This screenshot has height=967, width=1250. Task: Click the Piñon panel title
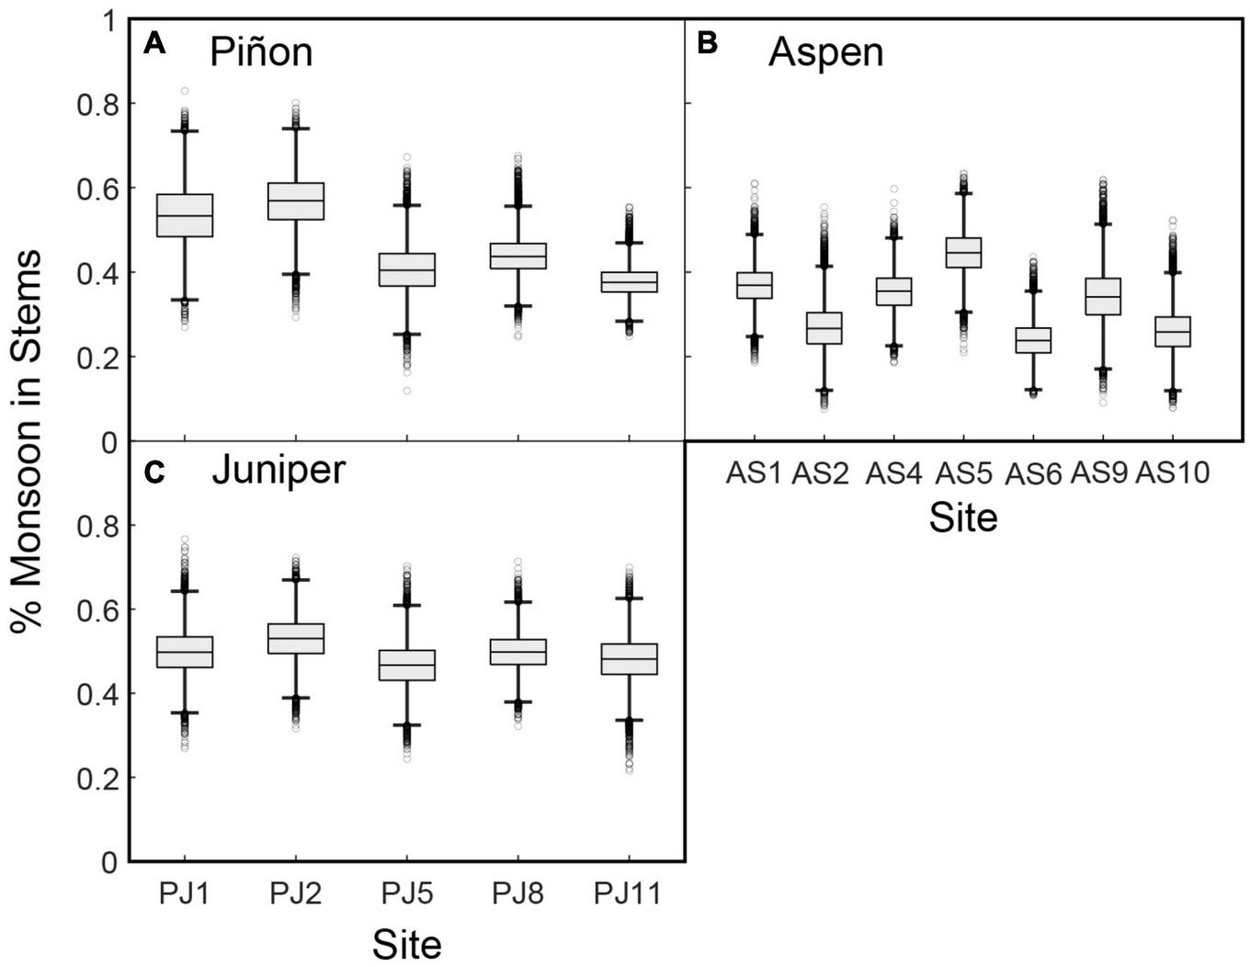point(261,52)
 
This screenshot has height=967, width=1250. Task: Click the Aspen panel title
point(825,52)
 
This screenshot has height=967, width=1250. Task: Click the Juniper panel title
point(278,470)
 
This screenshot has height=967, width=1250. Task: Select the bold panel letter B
point(707,43)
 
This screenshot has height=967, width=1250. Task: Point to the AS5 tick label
point(963,472)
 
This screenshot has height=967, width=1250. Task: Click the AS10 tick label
point(1173,472)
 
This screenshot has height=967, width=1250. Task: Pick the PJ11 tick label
point(628,893)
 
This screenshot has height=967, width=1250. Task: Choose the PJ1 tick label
point(185,893)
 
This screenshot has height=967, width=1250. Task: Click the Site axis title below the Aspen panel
point(962,518)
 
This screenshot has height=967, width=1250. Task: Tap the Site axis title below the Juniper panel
point(406,944)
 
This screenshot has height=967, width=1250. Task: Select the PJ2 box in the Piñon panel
point(296,201)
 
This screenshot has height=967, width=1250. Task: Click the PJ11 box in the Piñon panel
point(629,282)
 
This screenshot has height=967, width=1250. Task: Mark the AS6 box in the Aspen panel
point(1033,340)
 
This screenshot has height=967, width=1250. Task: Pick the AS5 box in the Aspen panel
point(963,252)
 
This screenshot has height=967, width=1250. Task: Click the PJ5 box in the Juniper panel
point(407,666)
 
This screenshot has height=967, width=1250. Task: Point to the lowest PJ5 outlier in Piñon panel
point(406,392)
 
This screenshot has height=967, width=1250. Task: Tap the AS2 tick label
point(820,472)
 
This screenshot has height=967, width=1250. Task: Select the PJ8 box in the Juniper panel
point(518,652)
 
